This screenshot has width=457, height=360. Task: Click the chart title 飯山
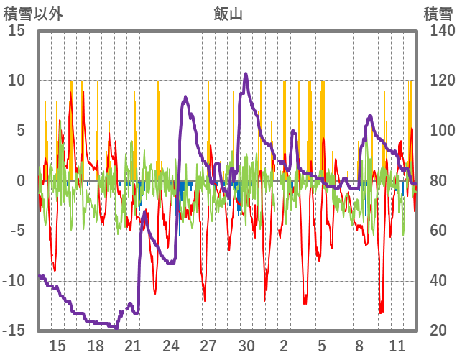(228, 12)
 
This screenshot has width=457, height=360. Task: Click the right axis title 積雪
(438, 12)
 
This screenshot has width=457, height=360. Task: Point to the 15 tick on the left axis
(17, 31)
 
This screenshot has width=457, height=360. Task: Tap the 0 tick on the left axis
(21, 181)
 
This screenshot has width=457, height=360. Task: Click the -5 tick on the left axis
(17, 231)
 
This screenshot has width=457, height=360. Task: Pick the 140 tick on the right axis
(438, 31)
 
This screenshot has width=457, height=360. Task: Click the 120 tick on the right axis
(438, 81)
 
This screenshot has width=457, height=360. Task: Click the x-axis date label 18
(96, 345)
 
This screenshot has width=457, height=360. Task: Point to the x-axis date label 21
(133, 345)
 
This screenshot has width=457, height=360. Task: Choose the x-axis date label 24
(171, 345)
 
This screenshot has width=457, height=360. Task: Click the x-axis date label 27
(208, 345)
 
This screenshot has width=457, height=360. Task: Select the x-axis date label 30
(246, 345)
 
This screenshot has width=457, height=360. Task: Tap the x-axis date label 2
(284, 345)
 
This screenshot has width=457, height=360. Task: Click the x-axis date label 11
(397, 345)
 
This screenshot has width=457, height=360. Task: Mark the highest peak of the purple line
(246, 73)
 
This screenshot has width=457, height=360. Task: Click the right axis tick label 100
(438, 131)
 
